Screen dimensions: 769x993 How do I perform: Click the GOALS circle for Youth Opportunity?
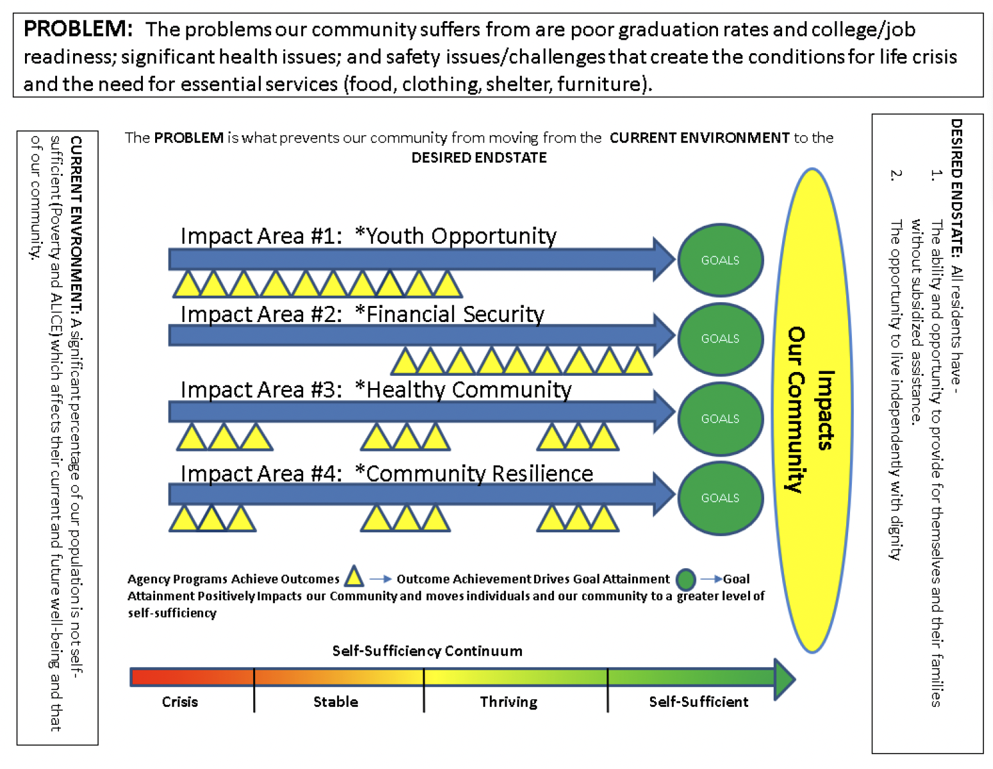coord(720,260)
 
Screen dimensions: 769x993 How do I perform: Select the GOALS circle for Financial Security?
coord(720,339)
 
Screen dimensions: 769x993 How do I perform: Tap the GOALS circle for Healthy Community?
coord(720,419)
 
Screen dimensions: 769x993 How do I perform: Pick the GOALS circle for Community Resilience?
coord(720,498)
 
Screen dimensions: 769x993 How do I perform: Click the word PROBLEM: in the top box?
coord(78,30)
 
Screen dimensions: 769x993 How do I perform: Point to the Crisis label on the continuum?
coord(179,702)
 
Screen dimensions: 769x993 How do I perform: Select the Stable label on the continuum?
coord(335,702)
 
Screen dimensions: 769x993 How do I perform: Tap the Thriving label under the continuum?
coord(508,702)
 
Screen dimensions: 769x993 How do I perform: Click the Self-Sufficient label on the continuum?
coord(698,702)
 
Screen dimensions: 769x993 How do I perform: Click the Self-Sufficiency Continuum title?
coord(427,651)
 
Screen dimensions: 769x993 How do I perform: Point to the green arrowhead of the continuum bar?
coord(784,678)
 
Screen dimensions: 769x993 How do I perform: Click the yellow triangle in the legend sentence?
coord(354,577)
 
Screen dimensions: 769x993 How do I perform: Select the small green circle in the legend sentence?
coord(686,579)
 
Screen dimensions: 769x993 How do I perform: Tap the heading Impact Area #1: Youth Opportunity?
coord(368,236)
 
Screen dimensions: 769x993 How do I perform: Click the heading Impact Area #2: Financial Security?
coord(362,314)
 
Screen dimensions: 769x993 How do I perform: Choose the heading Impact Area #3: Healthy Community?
coord(376,390)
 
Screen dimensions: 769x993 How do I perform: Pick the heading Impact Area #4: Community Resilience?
coord(387,473)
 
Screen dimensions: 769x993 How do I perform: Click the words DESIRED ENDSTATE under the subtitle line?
coord(479,158)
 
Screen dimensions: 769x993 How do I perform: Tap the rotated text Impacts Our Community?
coord(812,410)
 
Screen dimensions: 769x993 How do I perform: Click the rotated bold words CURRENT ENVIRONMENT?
coord(76,227)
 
